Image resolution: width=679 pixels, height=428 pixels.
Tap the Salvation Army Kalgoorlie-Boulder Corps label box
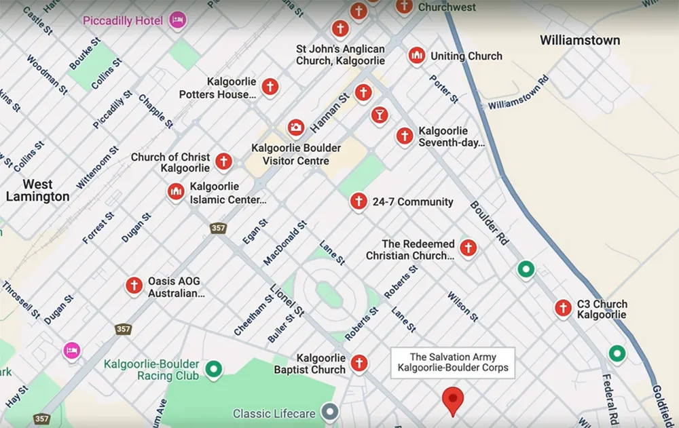pos(452,363)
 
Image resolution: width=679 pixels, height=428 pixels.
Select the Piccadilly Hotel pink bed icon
pos(177,19)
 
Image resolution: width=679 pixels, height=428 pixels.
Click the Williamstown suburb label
pos(579,41)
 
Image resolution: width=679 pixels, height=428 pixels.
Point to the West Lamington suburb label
pos(37,191)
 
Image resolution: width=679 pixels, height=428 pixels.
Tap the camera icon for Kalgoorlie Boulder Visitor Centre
pos(295,127)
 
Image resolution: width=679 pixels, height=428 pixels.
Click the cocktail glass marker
pos(380,115)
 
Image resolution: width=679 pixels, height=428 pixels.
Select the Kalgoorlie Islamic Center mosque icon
pos(176,192)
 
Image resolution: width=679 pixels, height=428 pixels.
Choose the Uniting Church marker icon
pos(417,56)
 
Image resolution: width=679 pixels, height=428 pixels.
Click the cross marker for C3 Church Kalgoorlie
pos(563,308)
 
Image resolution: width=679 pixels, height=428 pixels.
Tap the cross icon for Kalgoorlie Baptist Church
pos(358,362)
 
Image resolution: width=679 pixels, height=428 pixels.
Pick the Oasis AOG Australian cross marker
pos(134,286)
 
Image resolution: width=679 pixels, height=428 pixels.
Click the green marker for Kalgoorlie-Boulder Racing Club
pos(215,369)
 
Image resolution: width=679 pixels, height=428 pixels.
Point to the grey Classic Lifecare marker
pos(330,411)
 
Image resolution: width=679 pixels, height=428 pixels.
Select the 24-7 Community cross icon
pos(358,201)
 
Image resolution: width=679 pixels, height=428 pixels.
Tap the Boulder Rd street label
pos(489,223)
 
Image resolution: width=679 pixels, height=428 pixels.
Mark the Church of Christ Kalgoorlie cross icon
pos(223,161)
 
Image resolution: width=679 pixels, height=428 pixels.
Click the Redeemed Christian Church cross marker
pos(468,248)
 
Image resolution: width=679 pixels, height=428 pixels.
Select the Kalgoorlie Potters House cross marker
pos(270,86)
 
